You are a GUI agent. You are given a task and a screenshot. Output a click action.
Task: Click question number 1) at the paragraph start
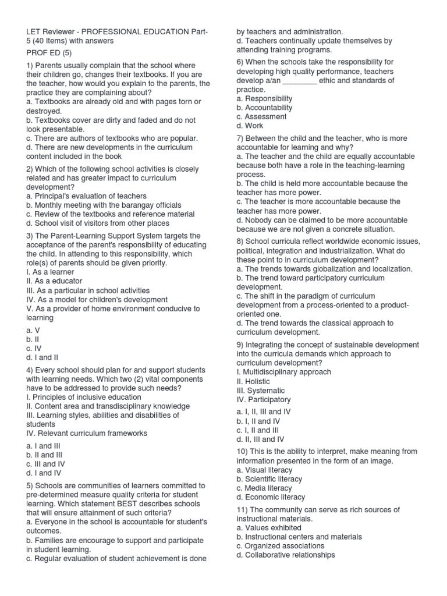(x=31, y=65)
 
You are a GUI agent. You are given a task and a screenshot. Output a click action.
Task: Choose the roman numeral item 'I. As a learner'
(x=51, y=272)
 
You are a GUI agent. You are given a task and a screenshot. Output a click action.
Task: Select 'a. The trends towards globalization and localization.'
(x=324, y=269)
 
